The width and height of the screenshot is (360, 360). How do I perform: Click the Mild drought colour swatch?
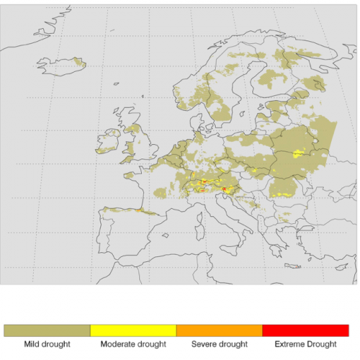47,330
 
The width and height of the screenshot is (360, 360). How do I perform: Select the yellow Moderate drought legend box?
133,330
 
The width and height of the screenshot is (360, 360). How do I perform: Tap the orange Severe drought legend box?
219,330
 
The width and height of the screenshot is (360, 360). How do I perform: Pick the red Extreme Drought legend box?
305,330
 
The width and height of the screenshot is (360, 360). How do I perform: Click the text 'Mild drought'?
47,344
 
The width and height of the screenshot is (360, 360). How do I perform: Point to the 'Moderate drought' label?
133,344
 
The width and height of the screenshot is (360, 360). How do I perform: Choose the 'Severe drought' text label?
219,344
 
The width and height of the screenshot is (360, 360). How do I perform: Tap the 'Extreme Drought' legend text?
305,344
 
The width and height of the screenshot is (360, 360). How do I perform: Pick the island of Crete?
292,266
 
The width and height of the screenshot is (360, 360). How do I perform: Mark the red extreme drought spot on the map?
225,190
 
